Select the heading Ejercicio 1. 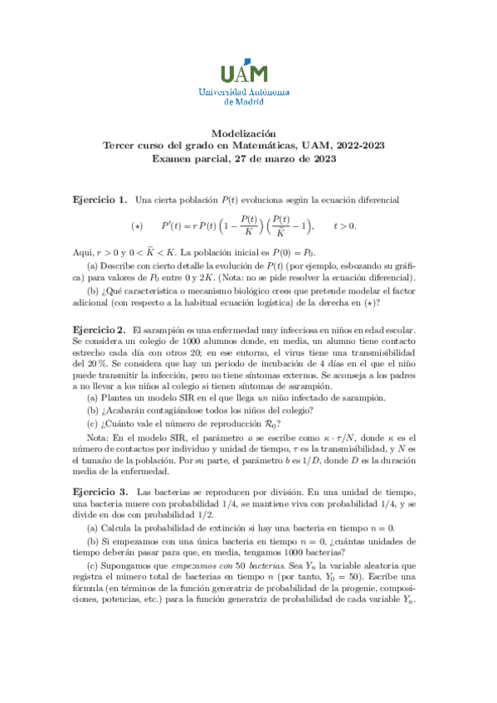pos(100,200)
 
